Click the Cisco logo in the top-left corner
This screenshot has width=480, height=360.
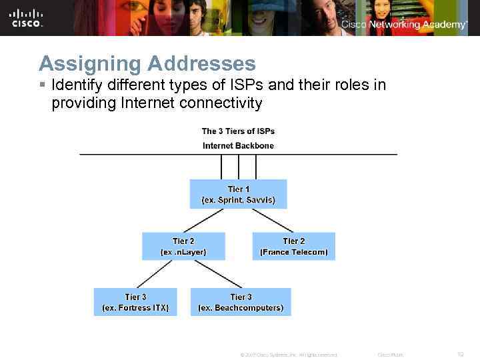click(27, 18)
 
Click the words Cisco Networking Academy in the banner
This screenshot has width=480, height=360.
click(404, 25)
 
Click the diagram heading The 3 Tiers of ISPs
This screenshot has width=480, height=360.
click(238, 131)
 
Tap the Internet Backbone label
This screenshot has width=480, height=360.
click(238, 145)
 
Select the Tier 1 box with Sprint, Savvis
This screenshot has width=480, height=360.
click(238, 193)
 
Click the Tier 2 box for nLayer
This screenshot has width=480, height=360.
click(183, 246)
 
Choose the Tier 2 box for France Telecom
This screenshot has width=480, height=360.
click(293, 246)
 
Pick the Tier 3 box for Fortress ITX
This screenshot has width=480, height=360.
click(135, 302)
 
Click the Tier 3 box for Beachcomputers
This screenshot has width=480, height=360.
click(241, 302)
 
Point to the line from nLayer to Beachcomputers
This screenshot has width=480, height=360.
click(209, 274)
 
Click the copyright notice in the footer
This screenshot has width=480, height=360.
click(288, 355)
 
